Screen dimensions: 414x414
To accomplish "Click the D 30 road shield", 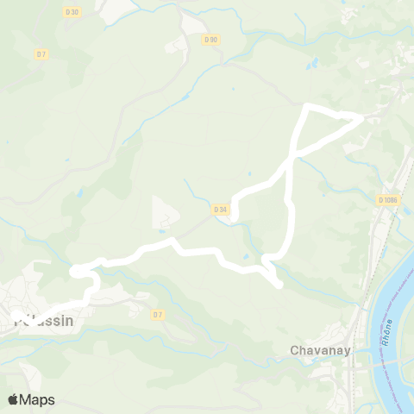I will pyautogui.click(x=72, y=11).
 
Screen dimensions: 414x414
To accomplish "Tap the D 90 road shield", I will pyautogui.click(x=211, y=40).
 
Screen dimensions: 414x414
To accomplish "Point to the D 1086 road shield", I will pyautogui.click(x=388, y=200).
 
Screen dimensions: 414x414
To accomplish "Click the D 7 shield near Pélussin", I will pyautogui.click(x=156, y=315).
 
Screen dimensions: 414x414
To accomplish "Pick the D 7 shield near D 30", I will pyautogui.click(x=41, y=53).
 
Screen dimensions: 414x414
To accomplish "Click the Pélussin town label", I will pyautogui.click(x=43, y=321).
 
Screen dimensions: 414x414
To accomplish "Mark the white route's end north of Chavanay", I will pyautogui.click(x=279, y=285).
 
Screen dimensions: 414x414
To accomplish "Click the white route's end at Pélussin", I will pyautogui.click(x=18, y=317).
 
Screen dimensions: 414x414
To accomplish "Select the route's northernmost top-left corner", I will pyautogui.click(x=308, y=106).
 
